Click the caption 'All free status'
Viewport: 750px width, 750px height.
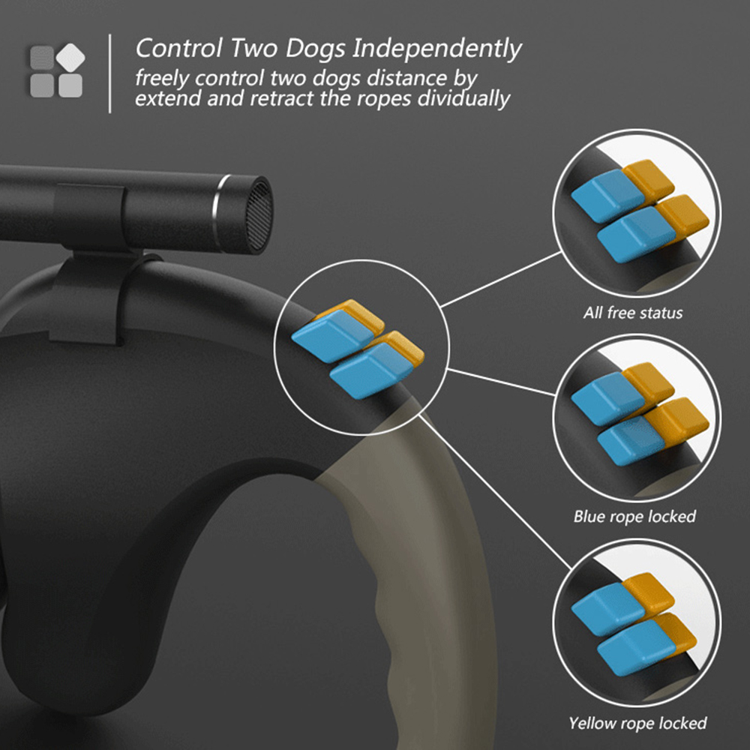tap(633, 313)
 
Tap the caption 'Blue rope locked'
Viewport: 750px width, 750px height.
tap(634, 516)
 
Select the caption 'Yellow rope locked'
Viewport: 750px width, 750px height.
tap(637, 723)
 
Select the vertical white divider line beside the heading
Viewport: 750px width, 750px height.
tap(110, 73)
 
